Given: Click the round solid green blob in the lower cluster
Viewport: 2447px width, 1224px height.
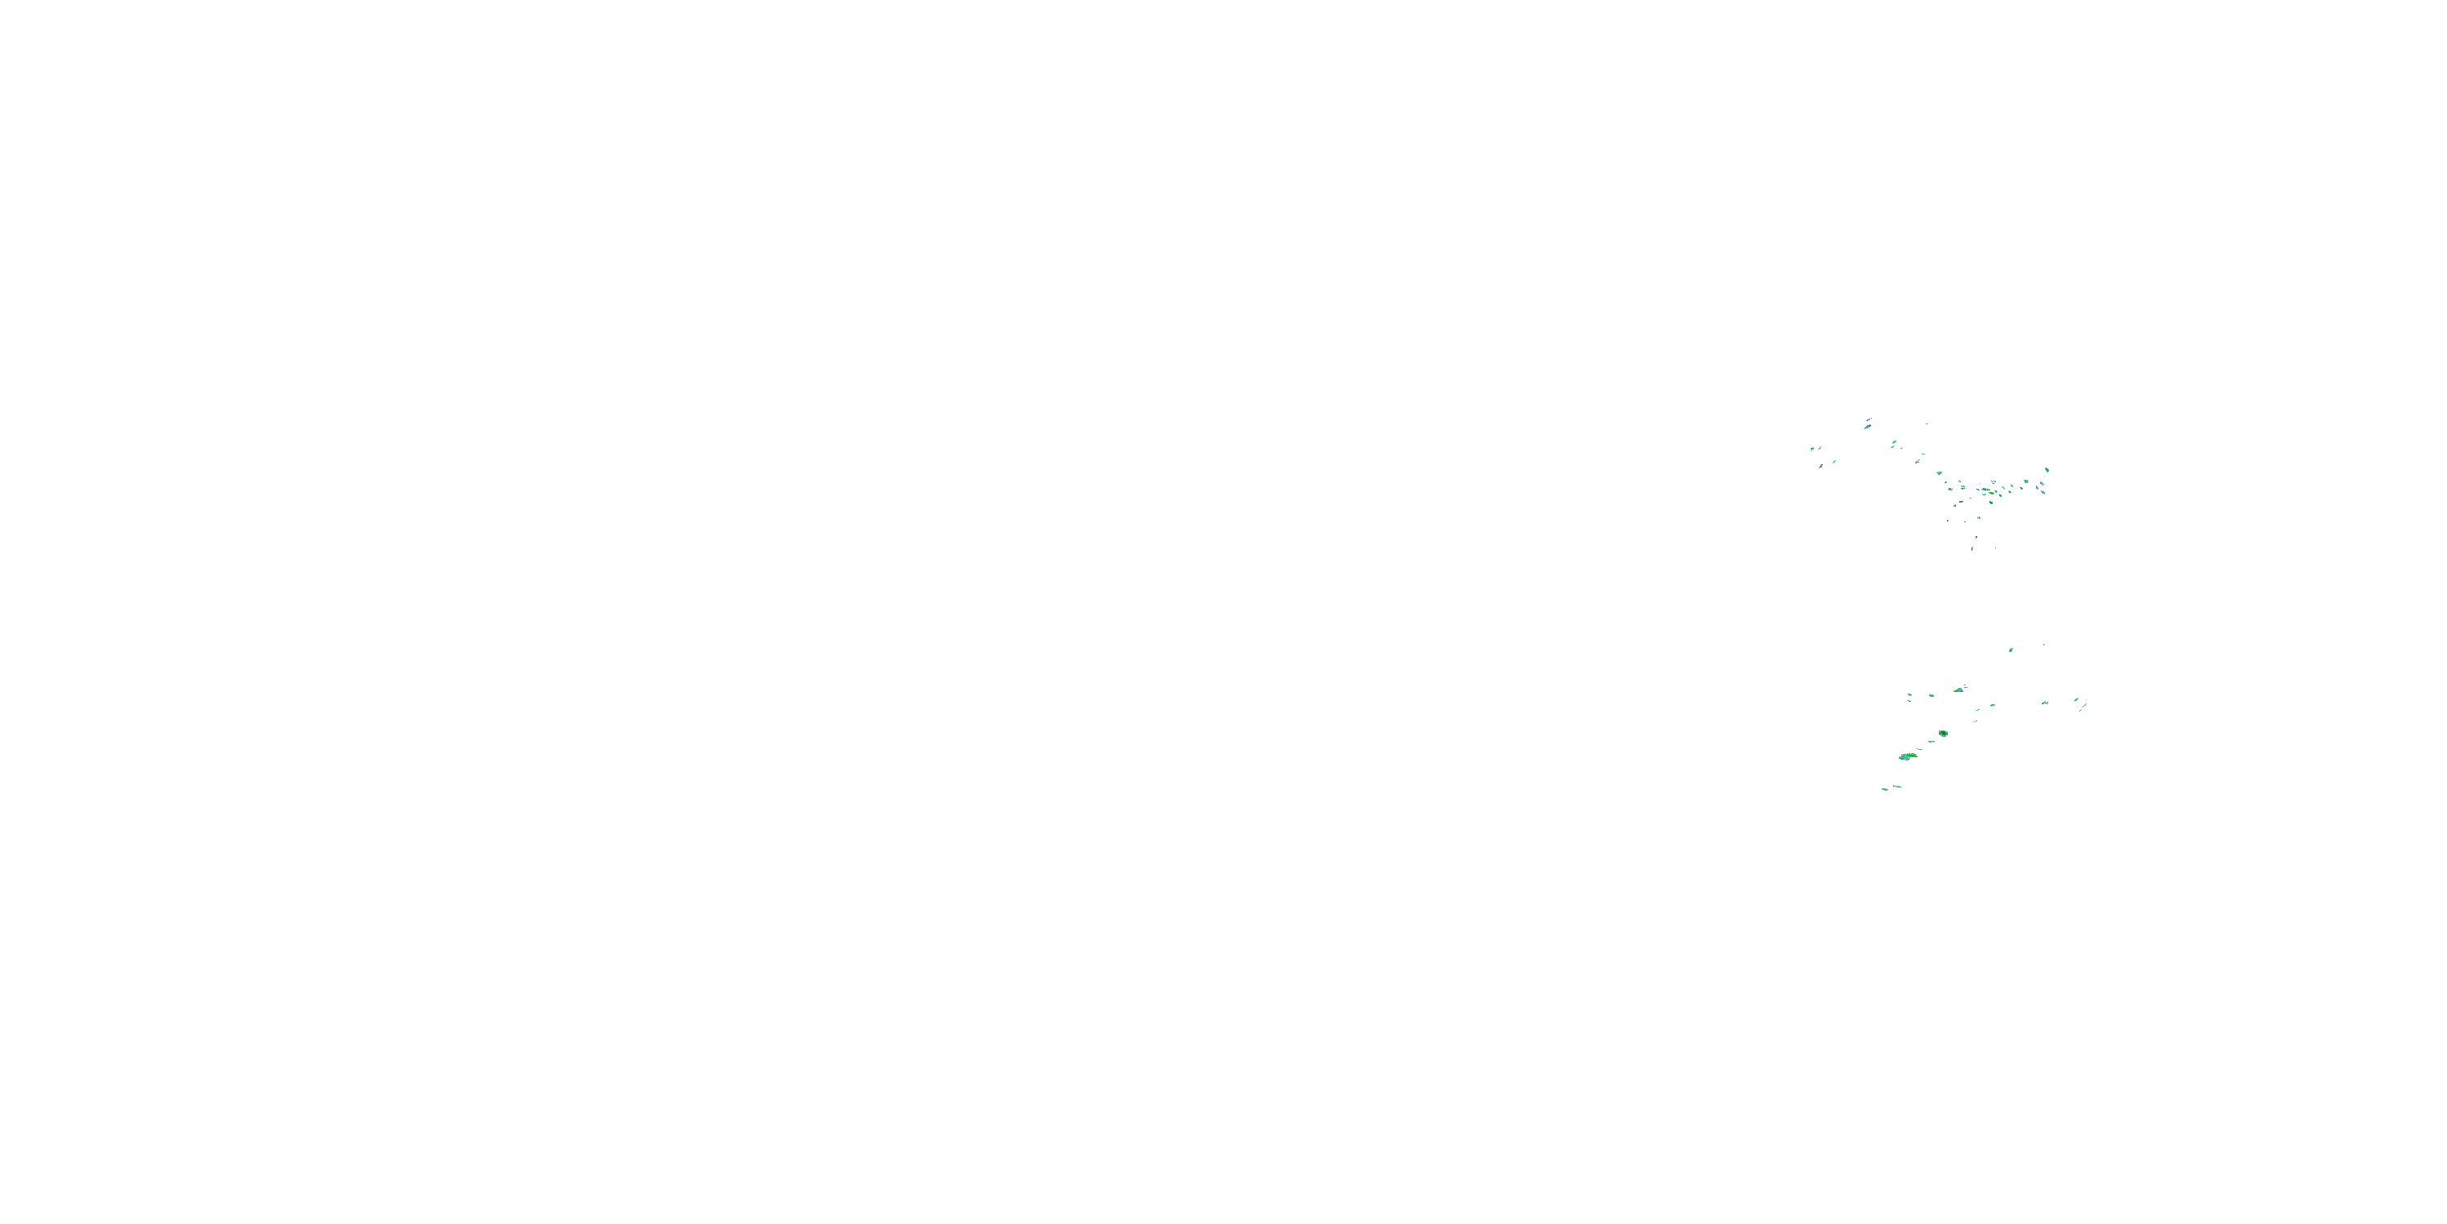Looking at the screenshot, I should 1943,733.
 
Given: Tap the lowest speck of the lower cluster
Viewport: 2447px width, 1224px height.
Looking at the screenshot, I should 1885,789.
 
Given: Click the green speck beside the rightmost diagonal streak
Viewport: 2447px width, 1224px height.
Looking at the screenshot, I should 2076,700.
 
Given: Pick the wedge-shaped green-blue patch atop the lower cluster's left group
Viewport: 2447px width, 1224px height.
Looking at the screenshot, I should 1958,689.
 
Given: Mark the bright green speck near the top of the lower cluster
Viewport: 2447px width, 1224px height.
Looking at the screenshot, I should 2010,650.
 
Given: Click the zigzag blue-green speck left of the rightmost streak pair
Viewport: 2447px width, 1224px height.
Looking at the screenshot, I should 2045,703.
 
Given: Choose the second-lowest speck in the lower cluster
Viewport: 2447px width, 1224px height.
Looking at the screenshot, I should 1898,786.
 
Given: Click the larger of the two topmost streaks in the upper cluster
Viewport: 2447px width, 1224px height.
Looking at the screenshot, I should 1868,427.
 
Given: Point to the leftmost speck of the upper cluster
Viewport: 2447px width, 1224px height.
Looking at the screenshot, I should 1812,449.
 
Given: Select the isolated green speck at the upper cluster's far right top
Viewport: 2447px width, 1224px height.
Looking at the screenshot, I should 2047,469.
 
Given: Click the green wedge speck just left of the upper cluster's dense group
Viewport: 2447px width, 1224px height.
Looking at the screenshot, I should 1939,473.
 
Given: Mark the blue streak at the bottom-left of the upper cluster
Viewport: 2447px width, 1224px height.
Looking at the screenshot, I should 1821,467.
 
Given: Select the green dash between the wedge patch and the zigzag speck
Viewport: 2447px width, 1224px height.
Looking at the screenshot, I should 1992,705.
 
